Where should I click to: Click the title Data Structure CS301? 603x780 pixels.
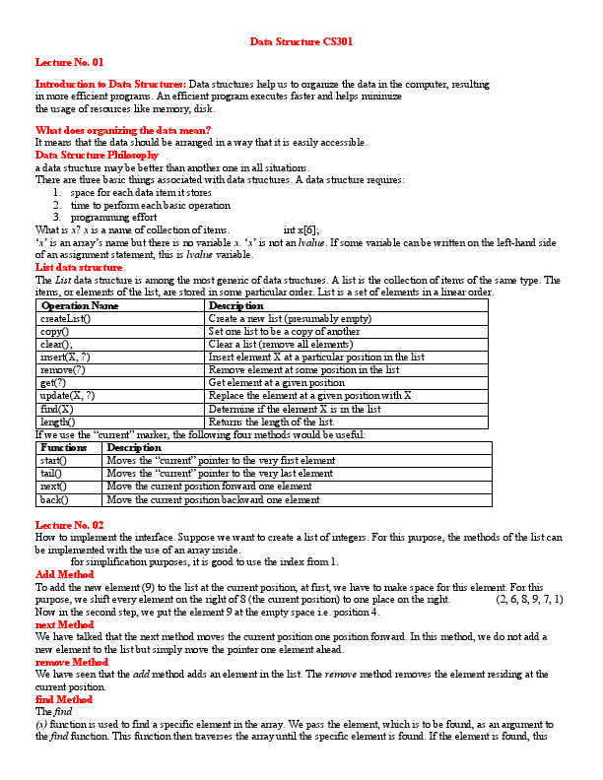coord(301,42)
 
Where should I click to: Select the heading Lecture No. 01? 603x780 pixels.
coord(69,61)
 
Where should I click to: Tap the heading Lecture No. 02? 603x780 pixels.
coord(69,525)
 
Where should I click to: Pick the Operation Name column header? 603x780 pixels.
coord(80,306)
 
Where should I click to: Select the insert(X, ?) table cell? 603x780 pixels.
coord(66,357)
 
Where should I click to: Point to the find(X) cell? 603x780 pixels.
coord(56,409)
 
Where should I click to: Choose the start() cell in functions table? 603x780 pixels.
coord(53,460)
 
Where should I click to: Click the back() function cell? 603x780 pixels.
coord(53,499)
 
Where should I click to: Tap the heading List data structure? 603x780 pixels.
coord(79,267)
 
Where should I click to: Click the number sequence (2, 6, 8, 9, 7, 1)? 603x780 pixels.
coord(529,599)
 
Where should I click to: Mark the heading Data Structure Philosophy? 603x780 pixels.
coord(97,155)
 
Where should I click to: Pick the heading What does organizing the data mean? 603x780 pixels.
coord(123,130)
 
